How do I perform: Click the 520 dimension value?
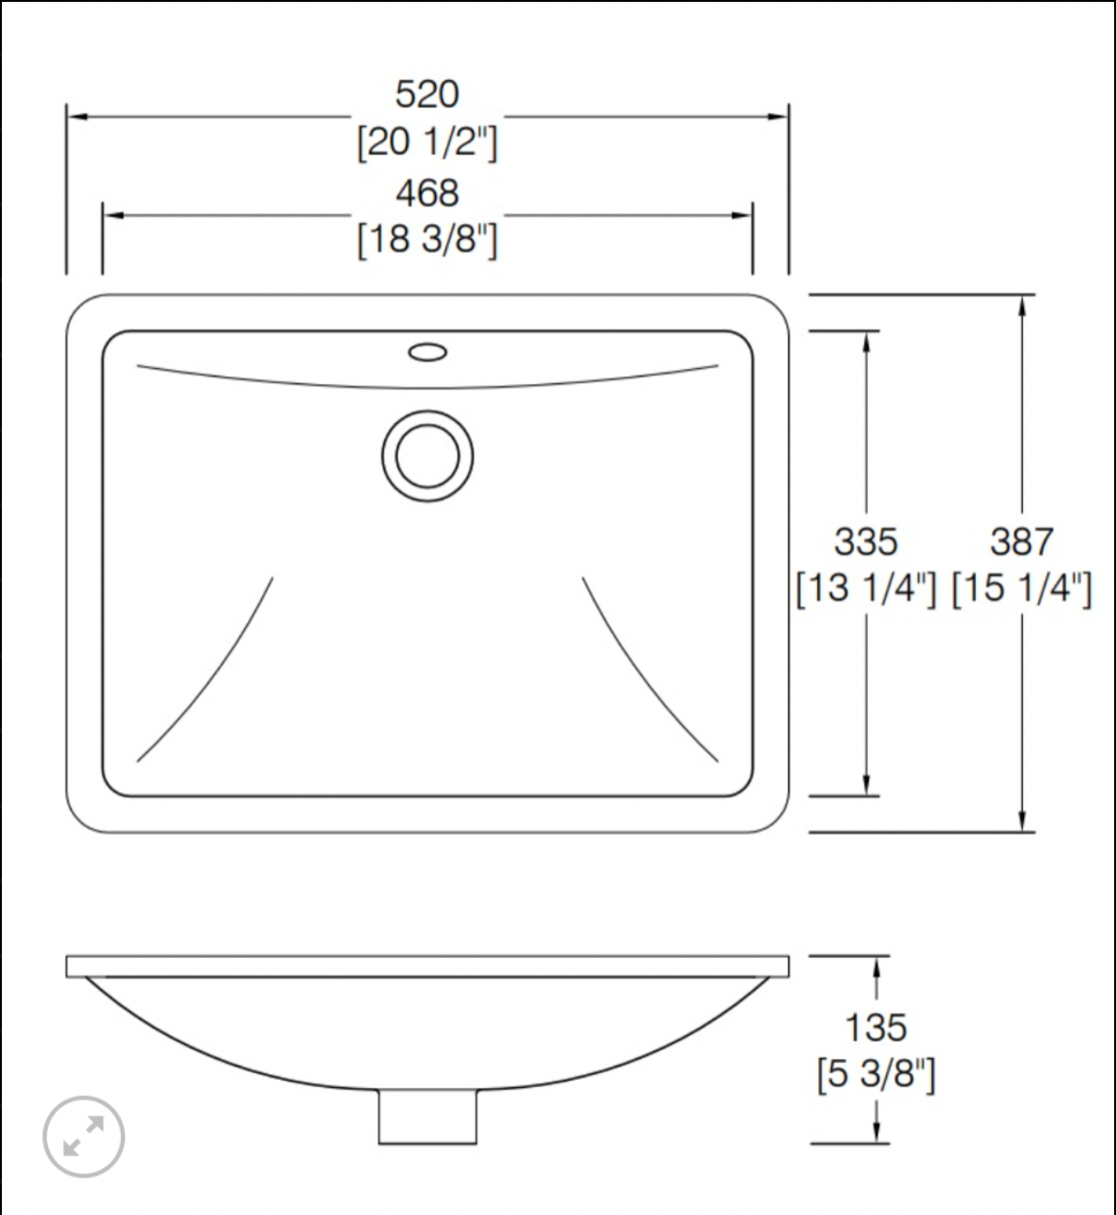[x=426, y=95]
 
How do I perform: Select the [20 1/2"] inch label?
[x=426, y=143]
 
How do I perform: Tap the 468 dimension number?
[x=426, y=193]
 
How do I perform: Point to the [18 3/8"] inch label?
[x=426, y=239]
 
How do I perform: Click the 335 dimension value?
[x=865, y=542]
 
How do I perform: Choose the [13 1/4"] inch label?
[x=865, y=589]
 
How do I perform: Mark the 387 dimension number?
[x=1021, y=542]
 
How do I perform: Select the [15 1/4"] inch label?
[x=1021, y=589]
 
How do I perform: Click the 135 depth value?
[x=876, y=1028]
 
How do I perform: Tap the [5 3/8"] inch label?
[x=876, y=1074]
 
